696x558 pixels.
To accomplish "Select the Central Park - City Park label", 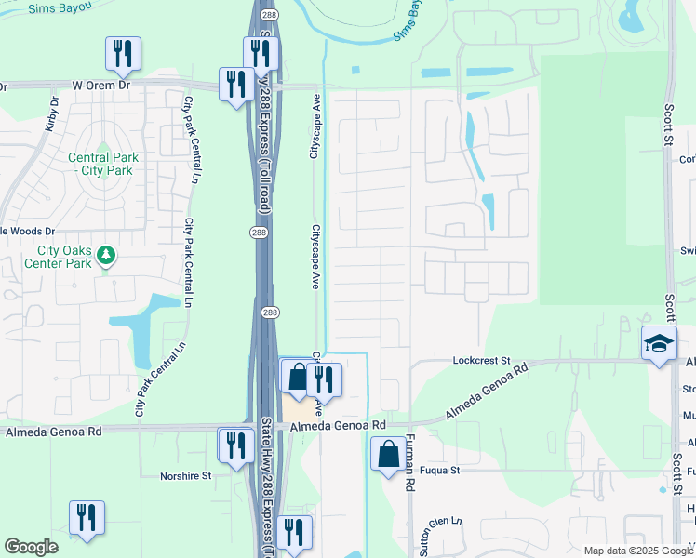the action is coord(103,164).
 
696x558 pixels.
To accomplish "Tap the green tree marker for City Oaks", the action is coord(107,254).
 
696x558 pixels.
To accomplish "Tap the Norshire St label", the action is coord(186,475).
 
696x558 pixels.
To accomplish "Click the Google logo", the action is coord(31,547).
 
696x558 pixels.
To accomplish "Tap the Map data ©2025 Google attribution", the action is coord(637,551).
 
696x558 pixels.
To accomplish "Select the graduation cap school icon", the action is coord(659,344).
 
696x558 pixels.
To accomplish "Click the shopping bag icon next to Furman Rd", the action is coord(387,455).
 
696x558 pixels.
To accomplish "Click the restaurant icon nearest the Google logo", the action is coord(87,519).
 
